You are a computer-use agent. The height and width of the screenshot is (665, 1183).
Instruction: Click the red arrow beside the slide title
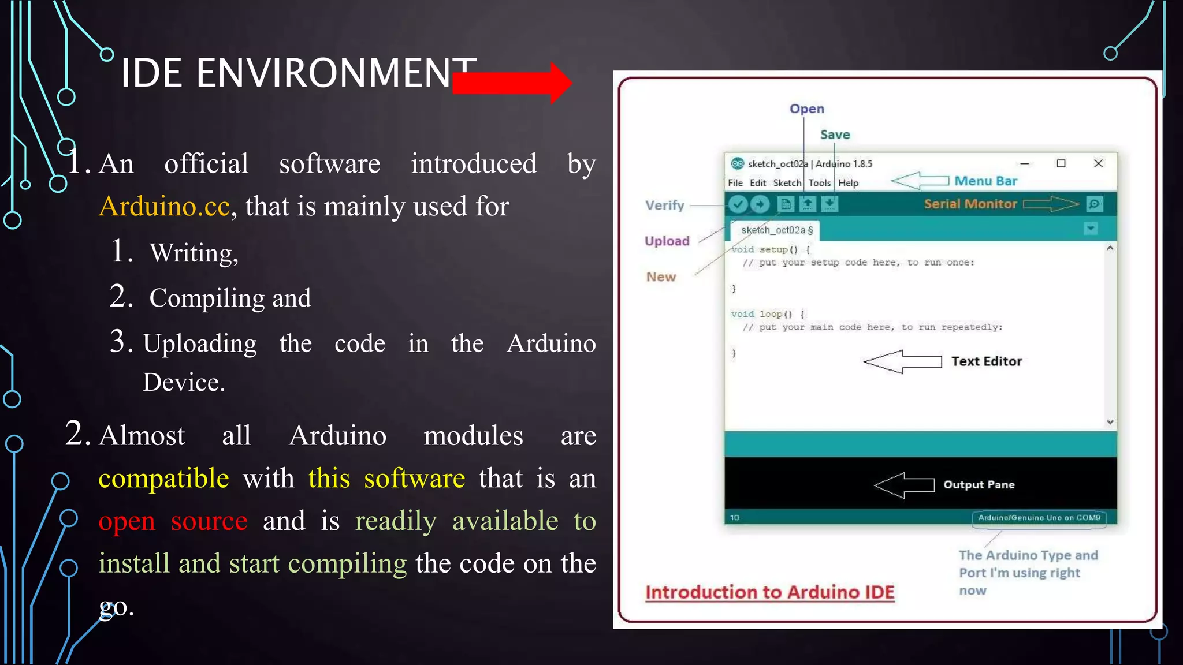(x=512, y=83)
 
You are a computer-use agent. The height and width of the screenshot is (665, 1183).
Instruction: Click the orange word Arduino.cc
(x=165, y=206)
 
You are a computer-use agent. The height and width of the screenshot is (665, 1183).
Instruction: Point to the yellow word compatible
(x=163, y=478)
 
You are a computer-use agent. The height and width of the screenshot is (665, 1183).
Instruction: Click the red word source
(x=209, y=521)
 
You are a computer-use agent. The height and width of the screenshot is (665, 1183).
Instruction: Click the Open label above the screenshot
(x=806, y=109)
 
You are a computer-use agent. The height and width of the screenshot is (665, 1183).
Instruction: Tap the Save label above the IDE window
(x=835, y=135)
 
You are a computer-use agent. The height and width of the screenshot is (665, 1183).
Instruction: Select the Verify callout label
(x=664, y=205)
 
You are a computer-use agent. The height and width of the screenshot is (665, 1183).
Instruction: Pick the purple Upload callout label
(x=667, y=241)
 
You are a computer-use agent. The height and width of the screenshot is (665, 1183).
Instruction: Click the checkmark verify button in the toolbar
(x=738, y=204)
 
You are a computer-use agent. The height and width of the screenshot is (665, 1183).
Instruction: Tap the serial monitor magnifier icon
(x=1094, y=204)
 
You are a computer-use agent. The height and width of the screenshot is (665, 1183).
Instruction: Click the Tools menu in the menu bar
(x=819, y=183)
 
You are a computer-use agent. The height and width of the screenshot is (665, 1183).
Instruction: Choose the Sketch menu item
(x=787, y=183)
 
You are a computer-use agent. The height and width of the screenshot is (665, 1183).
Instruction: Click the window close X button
(x=1098, y=163)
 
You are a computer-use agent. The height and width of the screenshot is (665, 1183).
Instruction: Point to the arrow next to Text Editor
(x=902, y=362)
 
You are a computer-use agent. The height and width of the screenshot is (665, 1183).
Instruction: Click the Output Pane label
(x=979, y=484)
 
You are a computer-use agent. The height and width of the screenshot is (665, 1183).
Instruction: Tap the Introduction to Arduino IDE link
(x=769, y=592)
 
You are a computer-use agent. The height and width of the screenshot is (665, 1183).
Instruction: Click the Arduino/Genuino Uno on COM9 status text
(x=1039, y=517)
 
